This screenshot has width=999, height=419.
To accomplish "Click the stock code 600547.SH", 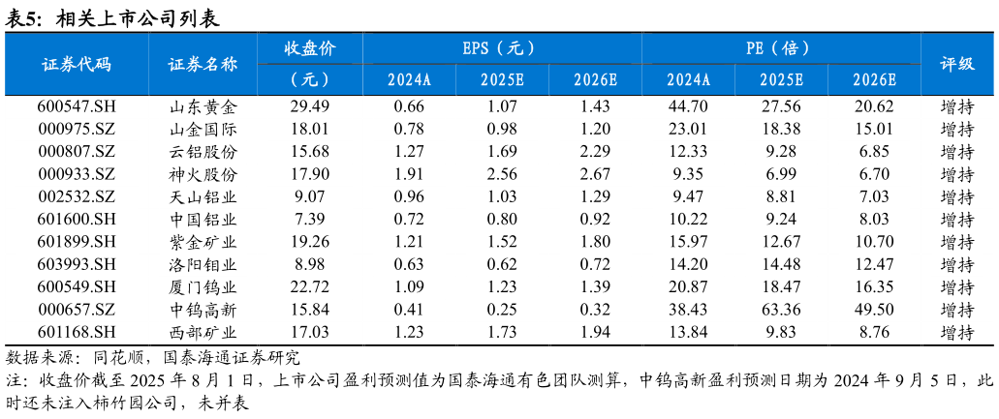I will (77, 106).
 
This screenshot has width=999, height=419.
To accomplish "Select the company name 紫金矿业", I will (203, 242).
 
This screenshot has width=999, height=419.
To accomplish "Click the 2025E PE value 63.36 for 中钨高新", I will (781, 310).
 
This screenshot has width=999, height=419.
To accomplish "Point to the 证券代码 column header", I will (77, 65).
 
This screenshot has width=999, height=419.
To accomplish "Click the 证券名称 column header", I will (203, 65).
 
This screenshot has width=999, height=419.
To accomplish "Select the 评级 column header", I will (957, 65).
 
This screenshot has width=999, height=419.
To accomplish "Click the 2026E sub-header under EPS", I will (595, 80).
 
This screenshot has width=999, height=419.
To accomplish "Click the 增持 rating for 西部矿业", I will (957, 332).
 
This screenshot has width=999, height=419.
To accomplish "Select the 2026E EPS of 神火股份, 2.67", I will (595, 174).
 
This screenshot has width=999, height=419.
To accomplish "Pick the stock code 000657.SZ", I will (77, 310).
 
